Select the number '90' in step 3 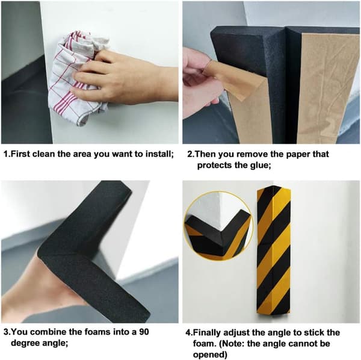[144, 332]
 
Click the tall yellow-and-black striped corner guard [274, 252]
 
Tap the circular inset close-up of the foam [219, 226]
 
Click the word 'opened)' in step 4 [210, 355]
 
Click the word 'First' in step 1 [20, 154]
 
